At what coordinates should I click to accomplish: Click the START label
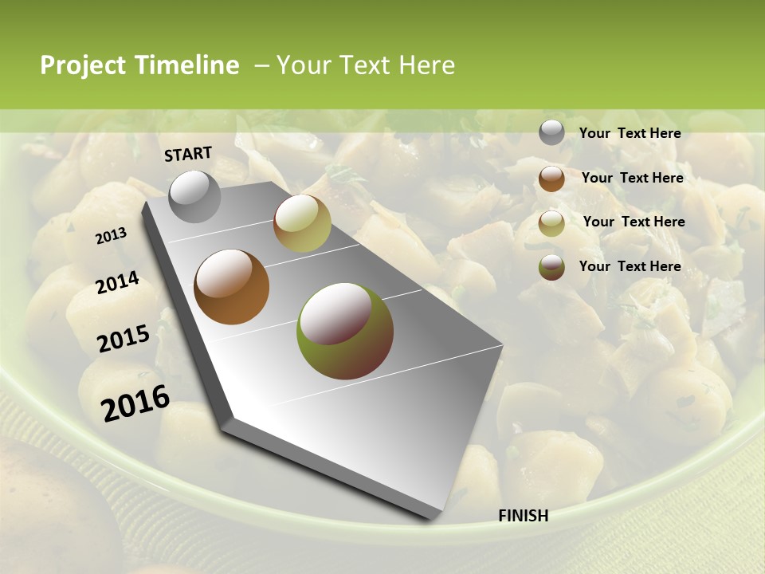(x=188, y=154)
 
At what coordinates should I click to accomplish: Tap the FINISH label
(x=523, y=516)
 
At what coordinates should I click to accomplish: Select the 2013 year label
(x=111, y=236)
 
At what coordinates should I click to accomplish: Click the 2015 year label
(x=124, y=339)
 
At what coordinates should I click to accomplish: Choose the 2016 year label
(x=135, y=403)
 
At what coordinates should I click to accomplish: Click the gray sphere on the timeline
(x=194, y=196)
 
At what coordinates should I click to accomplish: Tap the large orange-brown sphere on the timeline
(x=231, y=287)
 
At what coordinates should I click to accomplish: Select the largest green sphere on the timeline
(x=344, y=330)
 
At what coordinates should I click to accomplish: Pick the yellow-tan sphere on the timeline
(x=302, y=223)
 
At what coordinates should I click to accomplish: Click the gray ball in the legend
(x=551, y=133)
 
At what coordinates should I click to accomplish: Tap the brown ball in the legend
(x=551, y=179)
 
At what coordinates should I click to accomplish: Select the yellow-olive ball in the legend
(x=551, y=223)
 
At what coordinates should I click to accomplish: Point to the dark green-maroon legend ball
(x=551, y=267)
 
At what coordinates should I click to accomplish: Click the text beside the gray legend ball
(x=630, y=134)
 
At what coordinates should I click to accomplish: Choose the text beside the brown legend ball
(x=632, y=178)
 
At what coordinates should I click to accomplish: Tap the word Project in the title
(x=83, y=65)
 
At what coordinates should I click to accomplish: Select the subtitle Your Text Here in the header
(x=365, y=65)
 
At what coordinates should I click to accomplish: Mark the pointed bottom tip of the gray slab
(x=431, y=518)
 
